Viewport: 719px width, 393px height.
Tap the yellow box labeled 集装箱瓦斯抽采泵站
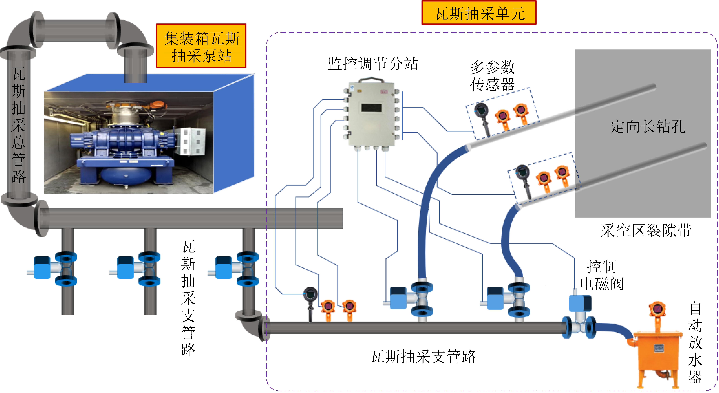tap(201, 46)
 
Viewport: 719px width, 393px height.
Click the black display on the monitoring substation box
tap(371, 108)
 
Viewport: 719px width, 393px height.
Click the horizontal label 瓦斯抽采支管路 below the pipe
tap(423, 357)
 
